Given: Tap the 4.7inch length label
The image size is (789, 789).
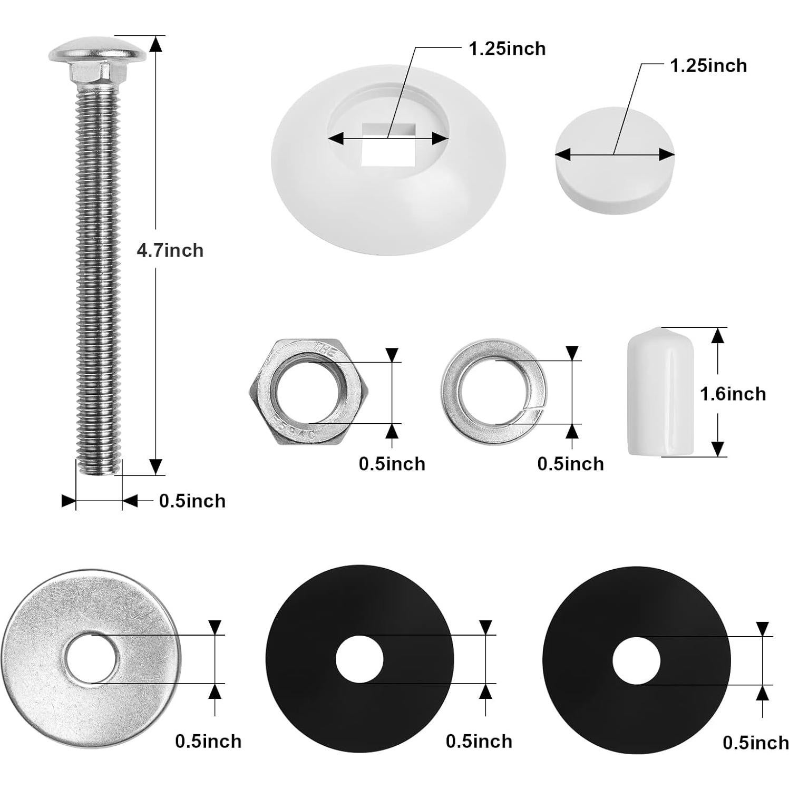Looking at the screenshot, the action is [x=170, y=250].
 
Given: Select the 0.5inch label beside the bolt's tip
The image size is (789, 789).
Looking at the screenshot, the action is [x=192, y=501].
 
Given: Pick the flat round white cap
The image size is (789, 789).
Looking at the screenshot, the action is [x=615, y=161].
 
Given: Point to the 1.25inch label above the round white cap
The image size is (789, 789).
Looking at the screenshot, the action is [x=708, y=66].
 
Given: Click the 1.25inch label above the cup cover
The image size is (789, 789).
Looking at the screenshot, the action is [x=507, y=49].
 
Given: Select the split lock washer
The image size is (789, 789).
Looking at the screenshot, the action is [x=494, y=393].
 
